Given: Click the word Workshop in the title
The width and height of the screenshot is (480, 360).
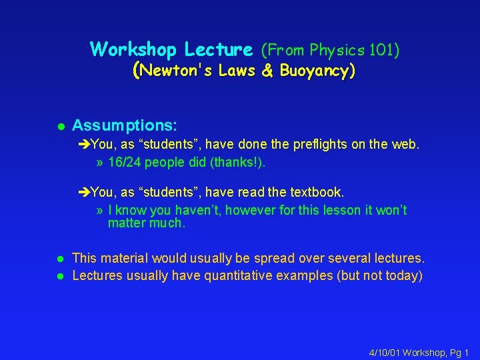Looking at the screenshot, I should tap(135, 49).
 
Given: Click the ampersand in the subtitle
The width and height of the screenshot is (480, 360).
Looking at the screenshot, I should tap(267, 71).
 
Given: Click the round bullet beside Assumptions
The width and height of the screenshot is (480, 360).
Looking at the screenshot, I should tap(59, 126).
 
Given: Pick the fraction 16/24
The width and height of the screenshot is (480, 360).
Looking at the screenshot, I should tap(124, 163).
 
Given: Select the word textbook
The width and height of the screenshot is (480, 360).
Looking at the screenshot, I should tap(317, 193).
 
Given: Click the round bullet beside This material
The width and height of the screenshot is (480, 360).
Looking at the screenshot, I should tap(59, 259).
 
